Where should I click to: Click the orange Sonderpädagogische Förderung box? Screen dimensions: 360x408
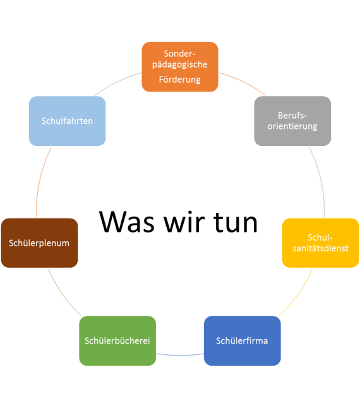click(180, 67)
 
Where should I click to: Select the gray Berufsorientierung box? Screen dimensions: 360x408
click(292, 121)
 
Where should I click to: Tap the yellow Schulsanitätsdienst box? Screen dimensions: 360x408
click(320, 243)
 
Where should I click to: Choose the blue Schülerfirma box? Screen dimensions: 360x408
click(242, 340)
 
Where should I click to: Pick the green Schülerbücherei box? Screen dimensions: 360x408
click(117, 340)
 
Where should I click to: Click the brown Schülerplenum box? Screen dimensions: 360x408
click(40, 243)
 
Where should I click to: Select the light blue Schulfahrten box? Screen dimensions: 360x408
click(68, 121)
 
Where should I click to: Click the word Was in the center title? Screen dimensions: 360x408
click(127, 222)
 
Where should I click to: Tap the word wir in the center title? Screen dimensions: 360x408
click(184, 222)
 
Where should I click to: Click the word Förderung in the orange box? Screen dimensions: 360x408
click(180, 80)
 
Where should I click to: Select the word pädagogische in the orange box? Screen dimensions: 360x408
click(180, 64)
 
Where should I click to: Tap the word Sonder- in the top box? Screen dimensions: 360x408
click(179, 54)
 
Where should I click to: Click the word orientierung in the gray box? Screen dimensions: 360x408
click(292, 126)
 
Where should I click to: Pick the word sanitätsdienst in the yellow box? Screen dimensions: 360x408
click(320, 248)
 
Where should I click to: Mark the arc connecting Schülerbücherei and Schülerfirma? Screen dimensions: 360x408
click(180, 355)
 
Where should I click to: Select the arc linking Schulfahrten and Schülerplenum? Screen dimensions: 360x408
click(40, 179)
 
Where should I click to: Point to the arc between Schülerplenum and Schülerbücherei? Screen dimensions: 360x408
click(63, 294)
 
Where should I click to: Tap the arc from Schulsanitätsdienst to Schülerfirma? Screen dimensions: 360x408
click(298, 294)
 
